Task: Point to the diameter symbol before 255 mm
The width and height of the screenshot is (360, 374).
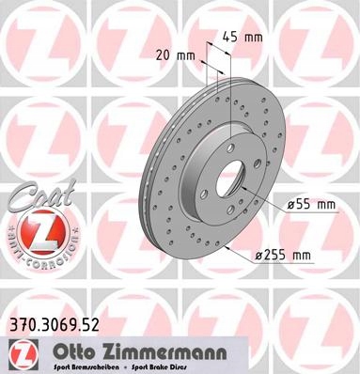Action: [x=257, y=255]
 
